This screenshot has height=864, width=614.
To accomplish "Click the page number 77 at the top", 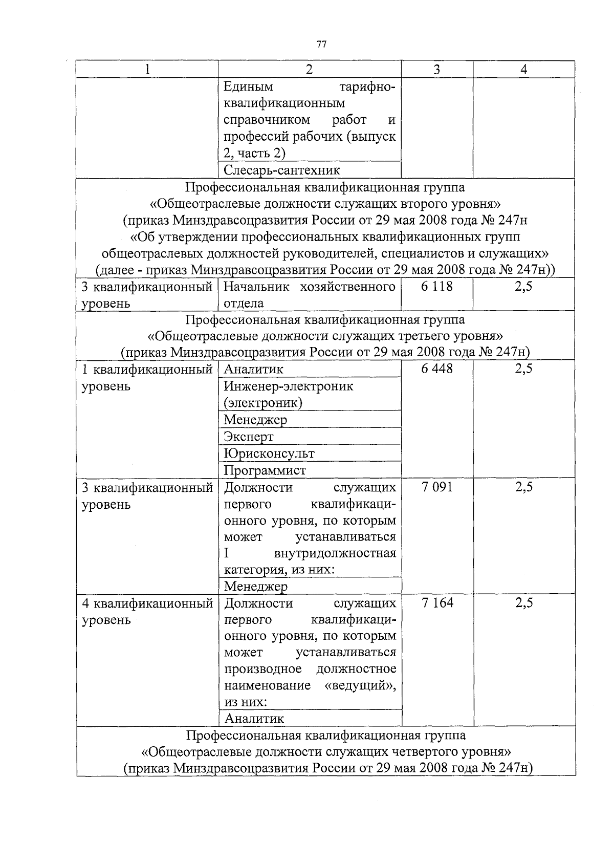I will pyautogui.click(x=321, y=45).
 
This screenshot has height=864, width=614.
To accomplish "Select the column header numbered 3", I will pyautogui.click(x=436, y=70).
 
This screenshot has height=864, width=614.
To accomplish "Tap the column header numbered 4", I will pyautogui.click(x=523, y=70).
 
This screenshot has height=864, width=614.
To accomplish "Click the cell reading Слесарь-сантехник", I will pyautogui.click(x=282, y=170).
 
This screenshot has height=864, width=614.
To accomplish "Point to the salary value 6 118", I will pyautogui.click(x=437, y=286).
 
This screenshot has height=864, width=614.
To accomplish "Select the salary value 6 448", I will pyautogui.click(x=437, y=369).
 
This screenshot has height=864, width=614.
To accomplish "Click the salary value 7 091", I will pyautogui.click(x=437, y=487).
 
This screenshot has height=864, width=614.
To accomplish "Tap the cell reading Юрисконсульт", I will pyautogui.click(x=269, y=453).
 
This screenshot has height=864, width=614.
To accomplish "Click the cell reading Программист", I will pyautogui.click(x=265, y=470).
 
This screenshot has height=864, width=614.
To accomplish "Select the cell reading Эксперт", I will pyautogui.click(x=249, y=437).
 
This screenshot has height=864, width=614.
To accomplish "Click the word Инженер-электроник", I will pyautogui.click(x=289, y=386).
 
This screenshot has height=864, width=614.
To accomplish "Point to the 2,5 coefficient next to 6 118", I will pyautogui.click(x=523, y=286).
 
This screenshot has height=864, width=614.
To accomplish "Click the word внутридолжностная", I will pyautogui.click(x=335, y=553).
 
